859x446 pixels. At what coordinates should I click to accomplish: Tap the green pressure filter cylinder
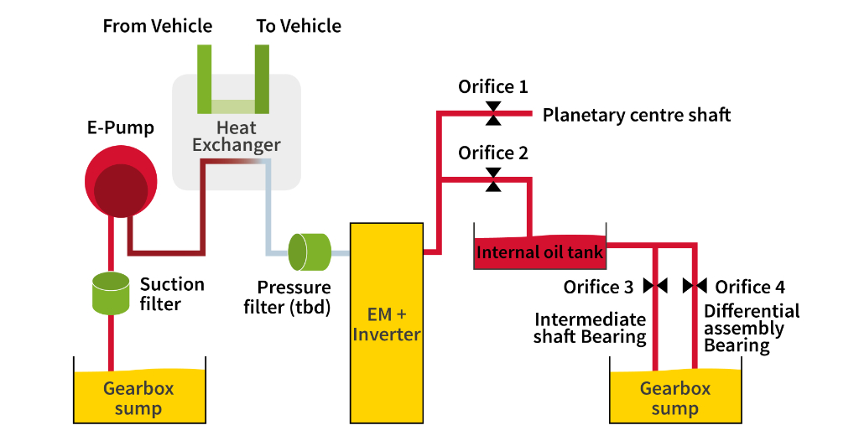(309, 252)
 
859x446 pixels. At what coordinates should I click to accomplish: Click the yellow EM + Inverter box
(386, 322)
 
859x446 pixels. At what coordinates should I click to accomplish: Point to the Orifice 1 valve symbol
(493, 113)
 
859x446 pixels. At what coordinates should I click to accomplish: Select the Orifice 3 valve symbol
(655, 286)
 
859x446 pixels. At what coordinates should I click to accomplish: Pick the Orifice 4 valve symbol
(695, 286)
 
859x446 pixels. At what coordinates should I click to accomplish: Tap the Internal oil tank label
(539, 252)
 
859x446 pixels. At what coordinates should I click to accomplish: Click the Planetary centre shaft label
(637, 115)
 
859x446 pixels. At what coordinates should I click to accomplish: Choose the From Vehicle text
(158, 26)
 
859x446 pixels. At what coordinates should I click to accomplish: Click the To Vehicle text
(299, 26)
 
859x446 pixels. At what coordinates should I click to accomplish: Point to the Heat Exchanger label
(236, 137)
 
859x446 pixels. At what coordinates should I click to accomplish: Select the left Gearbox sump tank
(140, 396)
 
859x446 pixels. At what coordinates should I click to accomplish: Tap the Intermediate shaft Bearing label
(591, 329)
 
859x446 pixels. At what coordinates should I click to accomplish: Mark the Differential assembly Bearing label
(752, 328)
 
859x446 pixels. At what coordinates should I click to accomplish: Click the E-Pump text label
(121, 128)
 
